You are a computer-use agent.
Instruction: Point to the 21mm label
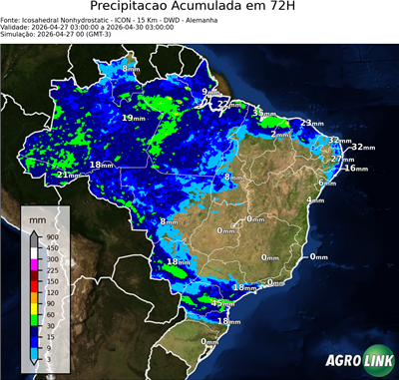point(67,175)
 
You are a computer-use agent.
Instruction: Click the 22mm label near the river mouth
point(229,103)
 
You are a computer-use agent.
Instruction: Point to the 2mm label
point(280,134)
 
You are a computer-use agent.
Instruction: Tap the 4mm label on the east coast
point(315,200)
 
